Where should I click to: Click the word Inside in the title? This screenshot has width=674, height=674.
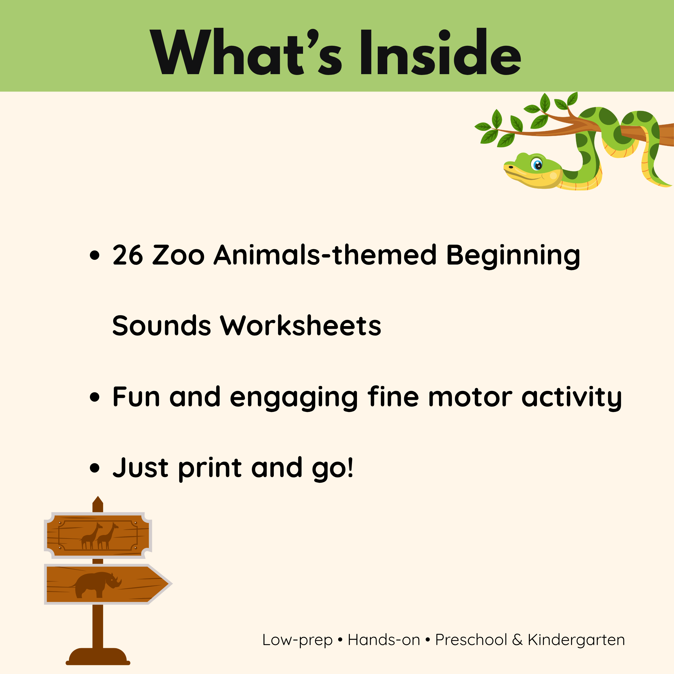[441, 52]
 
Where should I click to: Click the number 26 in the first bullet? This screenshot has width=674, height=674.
[128, 255]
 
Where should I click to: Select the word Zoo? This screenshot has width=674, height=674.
[178, 255]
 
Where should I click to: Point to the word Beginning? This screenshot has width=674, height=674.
[513, 257]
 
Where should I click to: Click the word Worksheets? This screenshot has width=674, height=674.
[300, 325]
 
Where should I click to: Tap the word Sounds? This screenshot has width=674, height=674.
[161, 325]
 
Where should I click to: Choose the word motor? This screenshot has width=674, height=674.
[470, 397]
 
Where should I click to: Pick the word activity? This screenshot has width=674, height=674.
[571, 399]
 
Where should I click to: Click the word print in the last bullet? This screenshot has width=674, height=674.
[210, 470]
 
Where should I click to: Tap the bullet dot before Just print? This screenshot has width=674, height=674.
[95, 468]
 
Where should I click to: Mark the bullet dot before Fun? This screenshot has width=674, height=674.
[95, 397]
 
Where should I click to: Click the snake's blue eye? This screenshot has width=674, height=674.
[537, 164]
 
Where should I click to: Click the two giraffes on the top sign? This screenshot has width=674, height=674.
[99, 536]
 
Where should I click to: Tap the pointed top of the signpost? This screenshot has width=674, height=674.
[98, 497]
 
